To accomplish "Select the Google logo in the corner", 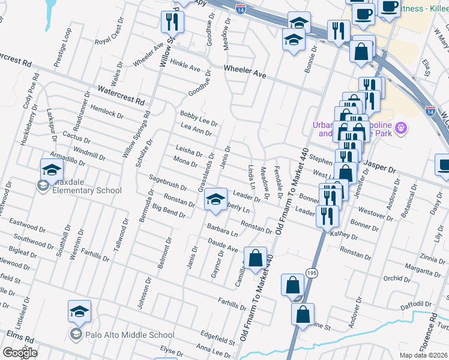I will pos(20,353).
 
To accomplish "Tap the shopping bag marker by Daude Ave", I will pos(256,258).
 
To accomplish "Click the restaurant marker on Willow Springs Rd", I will pos(172,22).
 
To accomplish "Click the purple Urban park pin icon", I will pos(401,128).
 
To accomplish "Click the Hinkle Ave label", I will pos(184,65).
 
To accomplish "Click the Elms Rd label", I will pos(17,334).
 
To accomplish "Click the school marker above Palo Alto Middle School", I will pos(79,311).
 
